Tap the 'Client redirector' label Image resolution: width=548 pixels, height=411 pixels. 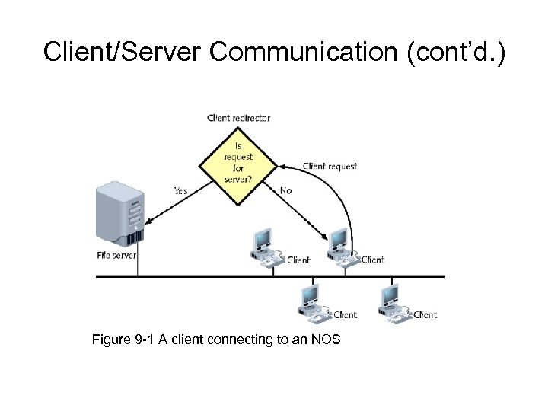(x=238, y=118)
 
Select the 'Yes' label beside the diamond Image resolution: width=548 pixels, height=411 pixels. (x=180, y=191)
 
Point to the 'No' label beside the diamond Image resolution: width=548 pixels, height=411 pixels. (x=285, y=191)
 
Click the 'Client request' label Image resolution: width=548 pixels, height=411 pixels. (x=330, y=166)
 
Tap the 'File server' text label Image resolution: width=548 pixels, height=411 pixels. (x=116, y=256)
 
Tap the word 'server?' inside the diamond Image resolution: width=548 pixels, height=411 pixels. (x=238, y=180)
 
